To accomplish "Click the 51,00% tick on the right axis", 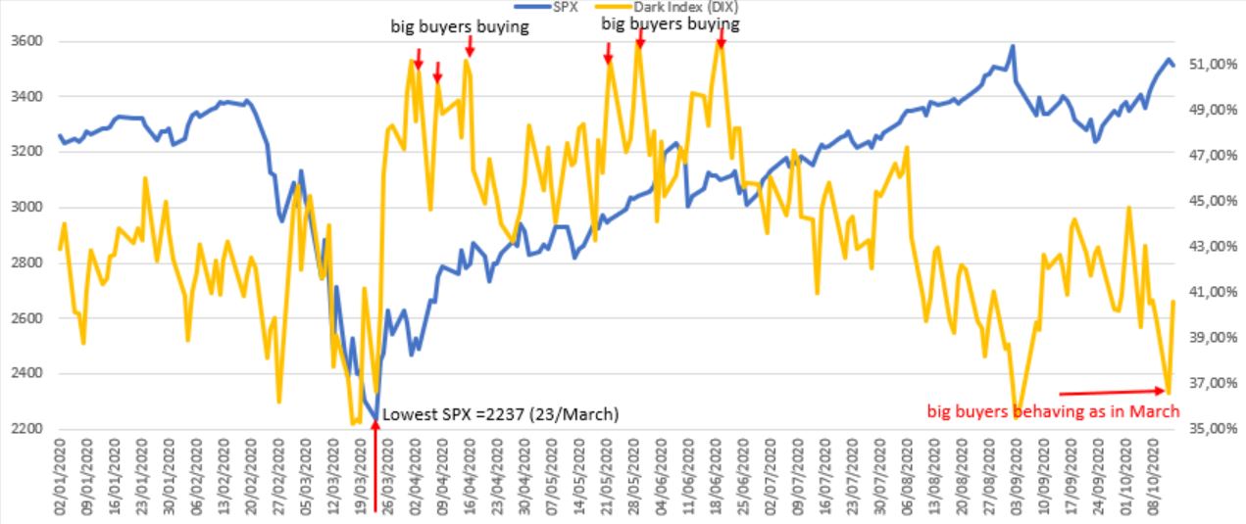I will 1212,65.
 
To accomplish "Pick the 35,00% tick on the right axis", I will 1212,429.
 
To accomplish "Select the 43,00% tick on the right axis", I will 1212,247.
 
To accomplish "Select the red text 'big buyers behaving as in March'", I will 1053,411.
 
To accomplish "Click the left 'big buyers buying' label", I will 460,27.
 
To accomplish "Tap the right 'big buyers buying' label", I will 670,24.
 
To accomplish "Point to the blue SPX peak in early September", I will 1013,46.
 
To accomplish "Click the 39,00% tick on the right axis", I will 1212,338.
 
